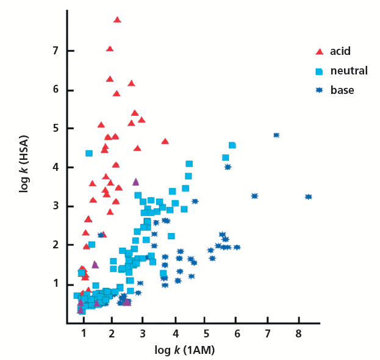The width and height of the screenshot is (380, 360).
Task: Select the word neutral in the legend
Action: (x=349, y=71)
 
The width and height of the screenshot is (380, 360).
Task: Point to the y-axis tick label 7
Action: (x=54, y=51)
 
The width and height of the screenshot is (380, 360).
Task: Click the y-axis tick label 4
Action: (x=54, y=167)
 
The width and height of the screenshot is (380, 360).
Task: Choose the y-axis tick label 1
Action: (x=54, y=284)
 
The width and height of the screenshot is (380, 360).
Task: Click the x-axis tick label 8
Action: (x=298, y=334)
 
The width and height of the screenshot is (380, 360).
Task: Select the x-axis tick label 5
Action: (x=206, y=334)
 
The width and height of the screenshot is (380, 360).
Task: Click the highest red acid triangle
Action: (x=117, y=20)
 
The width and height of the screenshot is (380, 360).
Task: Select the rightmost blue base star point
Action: (x=309, y=196)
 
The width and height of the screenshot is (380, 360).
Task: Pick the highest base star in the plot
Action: (x=276, y=135)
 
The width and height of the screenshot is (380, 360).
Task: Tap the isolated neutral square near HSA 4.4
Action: (x=89, y=153)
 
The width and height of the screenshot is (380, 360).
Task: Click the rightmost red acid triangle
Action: (x=165, y=141)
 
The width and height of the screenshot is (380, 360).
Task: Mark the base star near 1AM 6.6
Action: (x=254, y=196)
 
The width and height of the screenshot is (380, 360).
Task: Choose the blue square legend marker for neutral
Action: (x=318, y=71)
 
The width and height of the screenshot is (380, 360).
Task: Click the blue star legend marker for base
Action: (x=318, y=90)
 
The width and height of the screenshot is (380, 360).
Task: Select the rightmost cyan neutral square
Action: (x=232, y=145)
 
